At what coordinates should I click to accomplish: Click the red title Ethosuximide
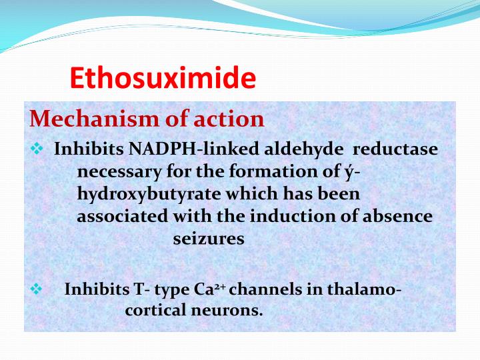[163, 78]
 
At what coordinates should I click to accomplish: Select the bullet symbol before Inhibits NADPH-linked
[37, 149]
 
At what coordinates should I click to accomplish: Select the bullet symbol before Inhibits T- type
[37, 289]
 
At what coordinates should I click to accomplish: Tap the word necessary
[119, 171]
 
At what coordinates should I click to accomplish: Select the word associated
[123, 216]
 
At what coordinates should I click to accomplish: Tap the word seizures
[209, 239]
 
